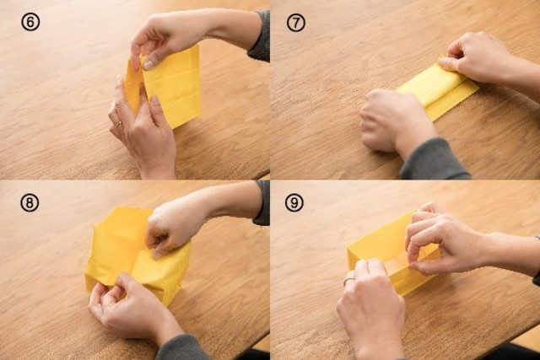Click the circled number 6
(x=30, y=23)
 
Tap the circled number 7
(x=296, y=23)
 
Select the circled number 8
(x=30, y=202)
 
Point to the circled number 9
(x=294, y=202)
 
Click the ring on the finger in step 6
(x=119, y=124)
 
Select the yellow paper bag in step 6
(x=165, y=88)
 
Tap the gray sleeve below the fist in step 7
(x=435, y=160)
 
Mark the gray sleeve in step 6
(x=260, y=36)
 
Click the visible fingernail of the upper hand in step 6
(x=149, y=64)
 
